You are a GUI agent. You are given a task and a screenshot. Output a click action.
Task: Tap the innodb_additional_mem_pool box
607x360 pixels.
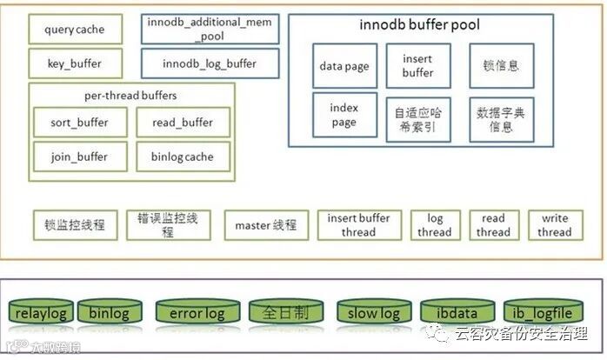point(210,30)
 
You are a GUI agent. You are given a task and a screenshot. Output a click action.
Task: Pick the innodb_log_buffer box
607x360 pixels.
point(210,63)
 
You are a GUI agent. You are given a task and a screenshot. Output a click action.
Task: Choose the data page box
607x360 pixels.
point(344,66)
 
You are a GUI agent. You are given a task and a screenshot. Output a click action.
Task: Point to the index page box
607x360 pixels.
point(344,116)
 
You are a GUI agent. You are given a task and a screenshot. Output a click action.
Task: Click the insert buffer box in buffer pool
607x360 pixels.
point(417,66)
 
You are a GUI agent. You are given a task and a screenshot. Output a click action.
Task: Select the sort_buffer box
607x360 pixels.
point(79,123)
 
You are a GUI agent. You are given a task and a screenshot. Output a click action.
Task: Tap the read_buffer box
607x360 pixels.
point(183,123)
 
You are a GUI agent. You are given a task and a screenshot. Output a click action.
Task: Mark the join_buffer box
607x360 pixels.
point(79,157)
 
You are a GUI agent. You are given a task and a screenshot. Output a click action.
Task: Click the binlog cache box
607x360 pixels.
point(183,157)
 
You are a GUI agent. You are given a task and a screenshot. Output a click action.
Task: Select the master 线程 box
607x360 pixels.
point(265,225)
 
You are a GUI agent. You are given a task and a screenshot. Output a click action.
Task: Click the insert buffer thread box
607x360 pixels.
point(358,225)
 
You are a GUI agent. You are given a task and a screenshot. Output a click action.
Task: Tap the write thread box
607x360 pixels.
point(554,225)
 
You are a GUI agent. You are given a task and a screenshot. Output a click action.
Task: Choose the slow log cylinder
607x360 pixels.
point(373,314)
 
